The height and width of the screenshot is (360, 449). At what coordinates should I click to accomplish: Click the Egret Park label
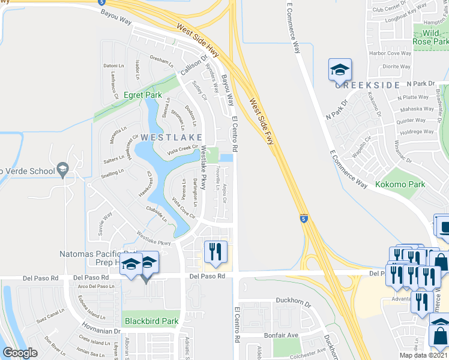[126, 95]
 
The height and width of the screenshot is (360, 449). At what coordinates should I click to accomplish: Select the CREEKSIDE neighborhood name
[367, 85]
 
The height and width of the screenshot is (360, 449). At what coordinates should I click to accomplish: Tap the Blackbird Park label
[152, 321]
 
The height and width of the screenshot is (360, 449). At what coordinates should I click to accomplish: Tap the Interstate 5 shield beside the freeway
[304, 219]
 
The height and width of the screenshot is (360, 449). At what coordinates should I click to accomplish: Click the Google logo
[20, 353]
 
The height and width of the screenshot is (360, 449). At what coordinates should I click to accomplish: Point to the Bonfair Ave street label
[282, 335]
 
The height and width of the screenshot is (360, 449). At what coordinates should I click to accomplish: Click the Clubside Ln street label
[156, 214]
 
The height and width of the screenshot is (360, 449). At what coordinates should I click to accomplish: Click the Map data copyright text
[422, 356]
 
